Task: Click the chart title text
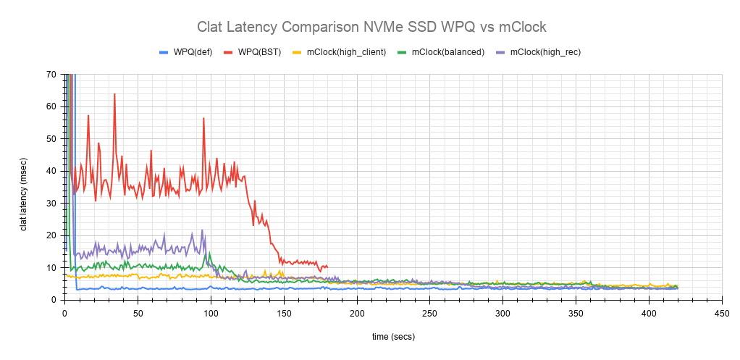coord(371,27)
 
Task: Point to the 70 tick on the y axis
coord(51,74)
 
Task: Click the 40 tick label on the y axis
coord(51,171)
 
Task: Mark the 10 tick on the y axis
coord(51,267)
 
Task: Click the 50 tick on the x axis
coord(138,313)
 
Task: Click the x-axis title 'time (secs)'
coord(393,336)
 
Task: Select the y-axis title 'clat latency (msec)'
coord(24,187)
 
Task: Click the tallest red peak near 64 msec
coord(114,94)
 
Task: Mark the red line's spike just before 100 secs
coord(203,118)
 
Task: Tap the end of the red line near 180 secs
coord(327,267)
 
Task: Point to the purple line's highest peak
coord(202,230)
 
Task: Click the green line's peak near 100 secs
coord(210,254)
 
